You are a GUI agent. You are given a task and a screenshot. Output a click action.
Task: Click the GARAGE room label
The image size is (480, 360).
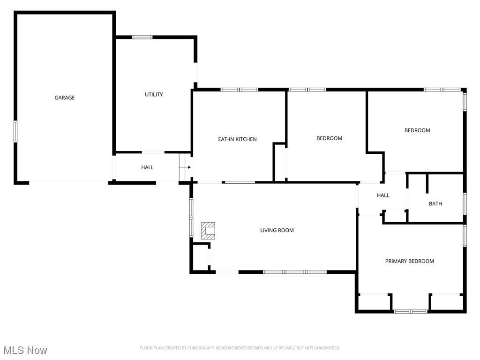pyautogui.click(x=65, y=97)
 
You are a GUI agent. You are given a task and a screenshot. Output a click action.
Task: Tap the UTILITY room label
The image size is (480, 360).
pyautogui.click(x=154, y=94)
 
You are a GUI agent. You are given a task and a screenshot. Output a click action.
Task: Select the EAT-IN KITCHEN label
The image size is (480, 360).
pyautogui.click(x=237, y=139)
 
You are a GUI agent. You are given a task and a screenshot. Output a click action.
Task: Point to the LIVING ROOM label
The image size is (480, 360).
pyautogui.click(x=277, y=230)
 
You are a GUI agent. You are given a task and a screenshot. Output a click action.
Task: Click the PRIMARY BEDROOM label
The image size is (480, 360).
pyautogui.click(x=409, y=261)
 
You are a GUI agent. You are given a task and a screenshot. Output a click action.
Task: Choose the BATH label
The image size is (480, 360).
pyautogui.click(x=435, y=203)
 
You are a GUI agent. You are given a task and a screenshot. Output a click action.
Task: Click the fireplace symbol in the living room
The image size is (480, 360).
pyautogui.click(x=208, y=230)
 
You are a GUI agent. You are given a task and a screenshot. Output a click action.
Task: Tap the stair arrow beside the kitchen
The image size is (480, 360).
pyautogui.click(x=186, y=167)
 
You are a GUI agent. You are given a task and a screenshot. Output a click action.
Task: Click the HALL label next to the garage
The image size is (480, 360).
pyautogui.click(x=147, y=167)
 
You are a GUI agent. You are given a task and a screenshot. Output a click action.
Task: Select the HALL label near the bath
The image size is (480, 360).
pyautogui.click(x=383, y=195)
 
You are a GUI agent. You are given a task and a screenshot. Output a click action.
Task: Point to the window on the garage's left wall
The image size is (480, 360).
pyautogui.click(x=15, y=131)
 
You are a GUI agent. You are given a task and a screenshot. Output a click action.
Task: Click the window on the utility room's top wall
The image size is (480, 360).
pyautogui.click(x=142, y=37)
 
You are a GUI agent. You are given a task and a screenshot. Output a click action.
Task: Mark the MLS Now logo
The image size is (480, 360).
pyautogui.click(x=25, y=350)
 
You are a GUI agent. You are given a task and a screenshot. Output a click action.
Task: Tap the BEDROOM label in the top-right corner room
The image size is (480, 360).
pyautogui.click(x=417, y=130)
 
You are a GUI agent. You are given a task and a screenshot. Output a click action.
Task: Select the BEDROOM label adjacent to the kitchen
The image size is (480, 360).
pyautogui.click(x=329, y=138)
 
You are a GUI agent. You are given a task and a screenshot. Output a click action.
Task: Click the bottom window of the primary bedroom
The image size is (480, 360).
pyautogui.click(x=410, y=311)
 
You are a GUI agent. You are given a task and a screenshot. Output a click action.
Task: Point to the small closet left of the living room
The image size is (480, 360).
pyautogui.click(x=200, y=257)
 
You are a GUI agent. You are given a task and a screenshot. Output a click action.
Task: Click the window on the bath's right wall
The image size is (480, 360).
pyautogui.click(x=465, y=203)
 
